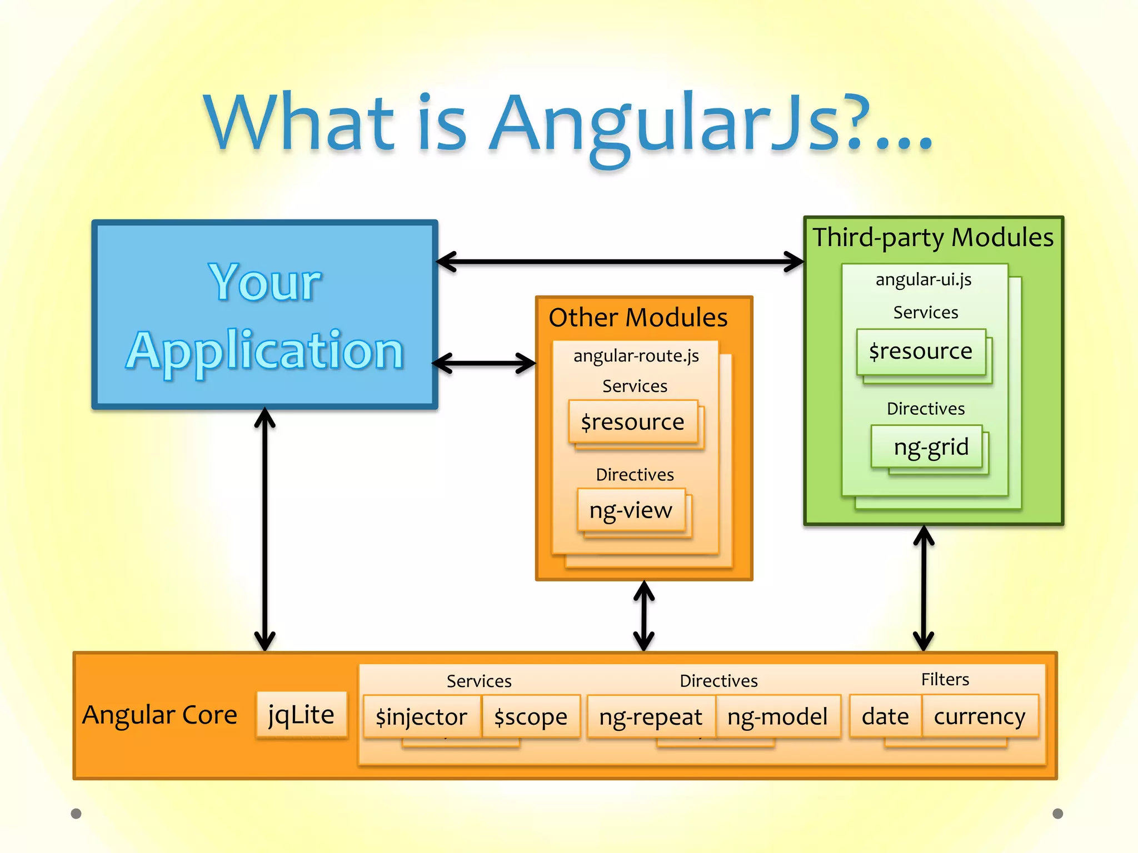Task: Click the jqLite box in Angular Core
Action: click(x=301, y=714)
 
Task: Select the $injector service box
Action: click(x=422, y=716)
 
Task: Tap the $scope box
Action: click(x=531, y=716)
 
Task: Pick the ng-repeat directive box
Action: click(x=650, y=716)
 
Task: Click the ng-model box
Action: click(x=777, y=716)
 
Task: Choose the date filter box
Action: click(x=885, y=716)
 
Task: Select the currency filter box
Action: click(x=980, y=716)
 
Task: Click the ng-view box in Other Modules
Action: click(x=631, y=510)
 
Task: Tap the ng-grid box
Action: click(x=931, y=446)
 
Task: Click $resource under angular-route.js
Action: click(x=632, y=422)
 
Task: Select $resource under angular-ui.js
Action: click(x=921, y=352)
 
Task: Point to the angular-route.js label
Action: click(x=636, y=355)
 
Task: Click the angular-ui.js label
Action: click(x=924, y=279)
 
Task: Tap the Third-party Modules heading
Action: click(x=933, y=237)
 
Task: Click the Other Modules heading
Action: click(x=638, y=318)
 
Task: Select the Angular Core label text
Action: click(x=160, y=715)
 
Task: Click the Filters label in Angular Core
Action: click(x=945, y=679)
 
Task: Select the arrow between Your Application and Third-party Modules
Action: click(x=620, y=261)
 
